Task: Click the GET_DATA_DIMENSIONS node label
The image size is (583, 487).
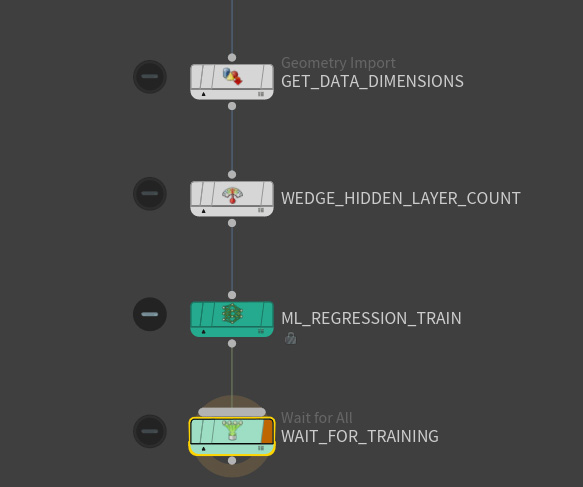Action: coord(372,81)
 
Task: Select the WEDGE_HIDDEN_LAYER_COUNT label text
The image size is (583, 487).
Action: coord(400,198)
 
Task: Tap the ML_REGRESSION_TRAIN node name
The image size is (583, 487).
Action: coord(371,318)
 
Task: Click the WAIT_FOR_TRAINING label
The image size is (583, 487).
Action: coord(360,436)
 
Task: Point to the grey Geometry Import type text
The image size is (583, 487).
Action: coord(338,63)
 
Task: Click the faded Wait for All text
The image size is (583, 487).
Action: coord(316,418)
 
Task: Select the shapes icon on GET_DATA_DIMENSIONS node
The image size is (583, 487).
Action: coord(232,76)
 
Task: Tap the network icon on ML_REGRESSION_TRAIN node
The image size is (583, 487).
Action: coord(232,313)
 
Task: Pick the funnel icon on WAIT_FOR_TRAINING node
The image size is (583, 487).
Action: coord(232,430)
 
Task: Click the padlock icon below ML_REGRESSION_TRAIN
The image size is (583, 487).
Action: coord(290,338)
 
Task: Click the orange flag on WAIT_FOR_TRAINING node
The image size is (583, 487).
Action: coord(267,431)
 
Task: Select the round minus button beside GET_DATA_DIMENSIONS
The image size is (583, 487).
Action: coord(150,77)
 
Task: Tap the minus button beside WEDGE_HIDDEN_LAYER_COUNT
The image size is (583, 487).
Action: coord(150,194)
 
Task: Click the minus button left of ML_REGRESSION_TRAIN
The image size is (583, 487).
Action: coord(150,314)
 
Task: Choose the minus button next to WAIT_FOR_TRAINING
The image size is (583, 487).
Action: coord(150,431)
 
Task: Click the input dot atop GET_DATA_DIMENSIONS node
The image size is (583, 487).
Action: coord(232,57)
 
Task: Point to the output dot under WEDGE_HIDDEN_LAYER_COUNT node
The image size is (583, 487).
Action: coord(232,223)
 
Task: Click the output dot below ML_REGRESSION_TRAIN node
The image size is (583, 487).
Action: coord(232,344)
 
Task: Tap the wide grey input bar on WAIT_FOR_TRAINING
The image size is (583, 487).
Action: coord(232,412)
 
